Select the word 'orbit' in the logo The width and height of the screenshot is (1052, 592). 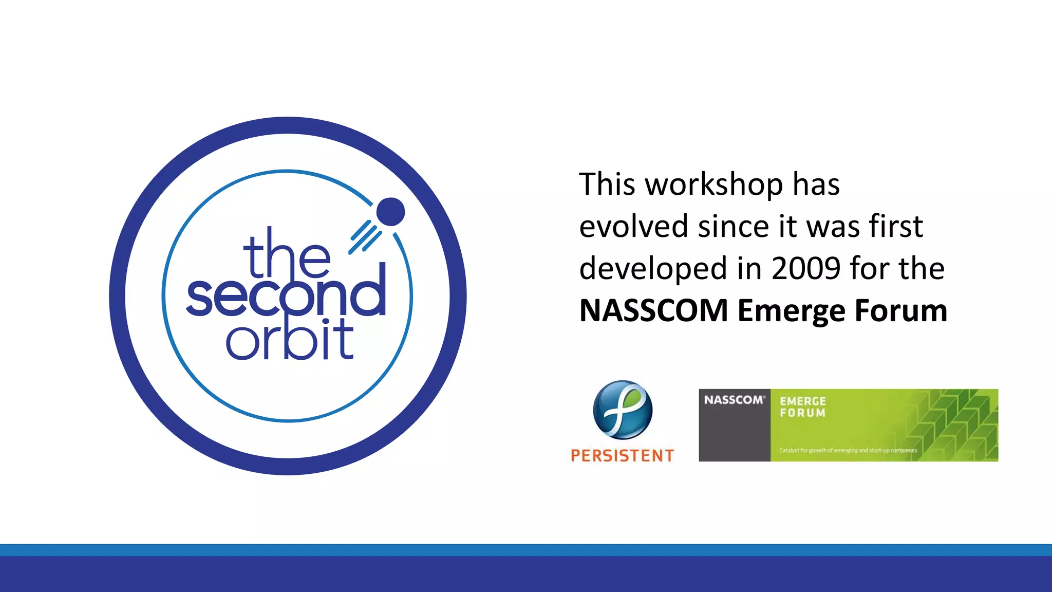pos(290,340)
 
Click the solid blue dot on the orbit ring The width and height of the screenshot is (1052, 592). pos(390,212)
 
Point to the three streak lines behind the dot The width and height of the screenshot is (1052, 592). pos(365,237)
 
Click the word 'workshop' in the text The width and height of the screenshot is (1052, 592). pos(713,185)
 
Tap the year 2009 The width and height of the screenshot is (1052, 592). pos(806,269)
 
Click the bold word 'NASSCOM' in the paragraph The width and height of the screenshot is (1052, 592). pos(653,311)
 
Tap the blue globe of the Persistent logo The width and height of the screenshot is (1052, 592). pos(623,410)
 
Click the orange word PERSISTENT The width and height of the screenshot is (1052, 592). pos(622,455)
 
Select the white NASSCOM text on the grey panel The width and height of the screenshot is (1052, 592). pos(734,400)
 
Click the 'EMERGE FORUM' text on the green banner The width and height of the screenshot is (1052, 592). pos(802,407)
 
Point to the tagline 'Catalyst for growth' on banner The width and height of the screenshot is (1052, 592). pos(848,450)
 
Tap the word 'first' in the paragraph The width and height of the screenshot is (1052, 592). pos(896,227)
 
